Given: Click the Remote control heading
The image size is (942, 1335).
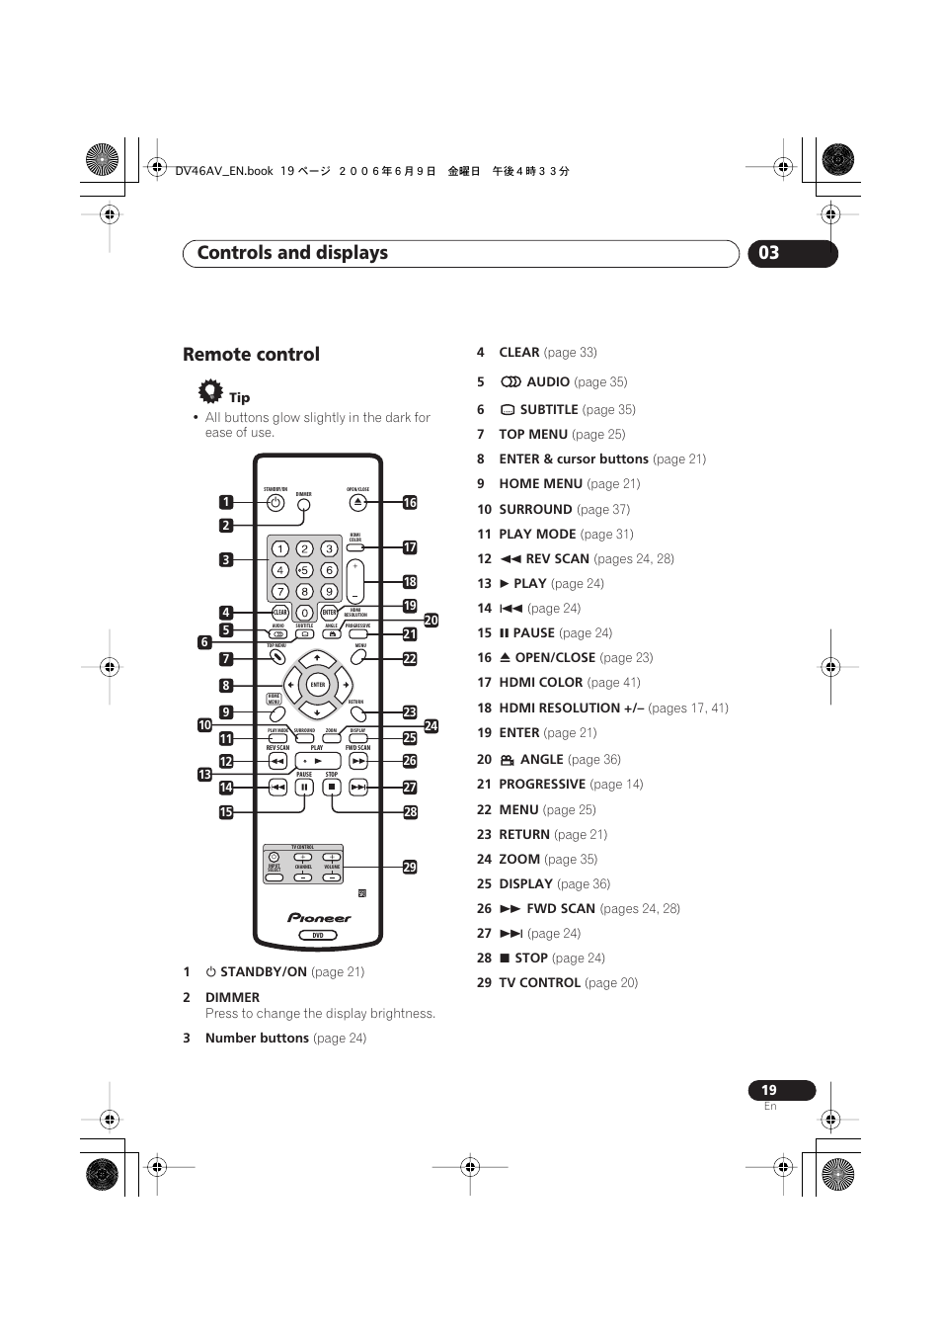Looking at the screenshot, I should pyautogui.click(x=251, y=355).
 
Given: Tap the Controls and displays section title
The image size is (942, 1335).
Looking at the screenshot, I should pyautogui.click(x=292, y=253).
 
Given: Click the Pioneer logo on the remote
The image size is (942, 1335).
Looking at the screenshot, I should pyautogui.click(x=319, y=917).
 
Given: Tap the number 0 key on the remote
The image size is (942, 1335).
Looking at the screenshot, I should pyautogui.click(x=304, y=613).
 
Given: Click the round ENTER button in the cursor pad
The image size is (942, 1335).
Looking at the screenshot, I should pyautogui.click(x=317, y=684).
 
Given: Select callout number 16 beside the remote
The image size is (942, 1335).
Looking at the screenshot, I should pyautogui.click(x=410, y=503).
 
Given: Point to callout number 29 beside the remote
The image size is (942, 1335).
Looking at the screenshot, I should pyautogui.click(x=410, y=867).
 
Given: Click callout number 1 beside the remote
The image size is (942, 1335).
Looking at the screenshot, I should pyautogui.click(x=226, y=502).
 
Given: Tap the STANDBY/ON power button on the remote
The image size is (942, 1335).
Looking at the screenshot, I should pyautogui.click(x=275, y=503).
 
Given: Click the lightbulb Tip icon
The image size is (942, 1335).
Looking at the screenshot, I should pyautogui.click(x=210, y=391).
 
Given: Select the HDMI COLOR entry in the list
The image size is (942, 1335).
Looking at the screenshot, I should pyautogui.click(x=540, y=683).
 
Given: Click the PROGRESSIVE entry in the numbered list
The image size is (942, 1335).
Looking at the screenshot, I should pyautogui.click(x=541, y=785).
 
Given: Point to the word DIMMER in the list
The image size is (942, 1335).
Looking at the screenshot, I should pyautogui.click(x=232, y=998).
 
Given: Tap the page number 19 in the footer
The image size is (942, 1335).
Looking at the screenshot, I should pyautogui.click(x=769, y=1090).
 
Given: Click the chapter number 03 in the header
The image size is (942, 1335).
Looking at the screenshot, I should pyautogui.click(x=769, y=253).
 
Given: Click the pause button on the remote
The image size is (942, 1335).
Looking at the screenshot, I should pyautogui.click(x=304, y=787).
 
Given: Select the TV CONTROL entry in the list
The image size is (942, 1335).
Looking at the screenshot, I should pyautogui.click(x=539, y=983).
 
